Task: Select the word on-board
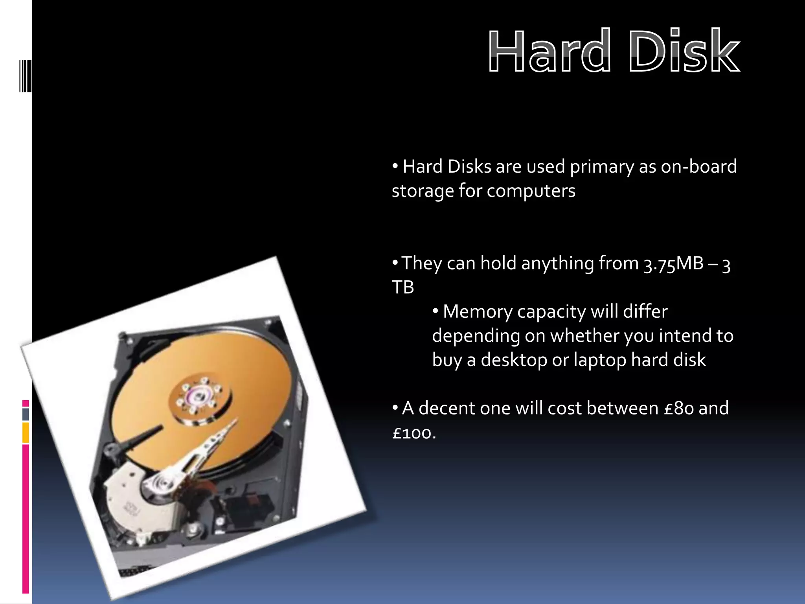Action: [698, 166]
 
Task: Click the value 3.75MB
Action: [673, 264]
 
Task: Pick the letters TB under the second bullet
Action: [403, 287]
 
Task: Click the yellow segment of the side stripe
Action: [26, 433]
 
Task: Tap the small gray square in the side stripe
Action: [26, 414]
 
